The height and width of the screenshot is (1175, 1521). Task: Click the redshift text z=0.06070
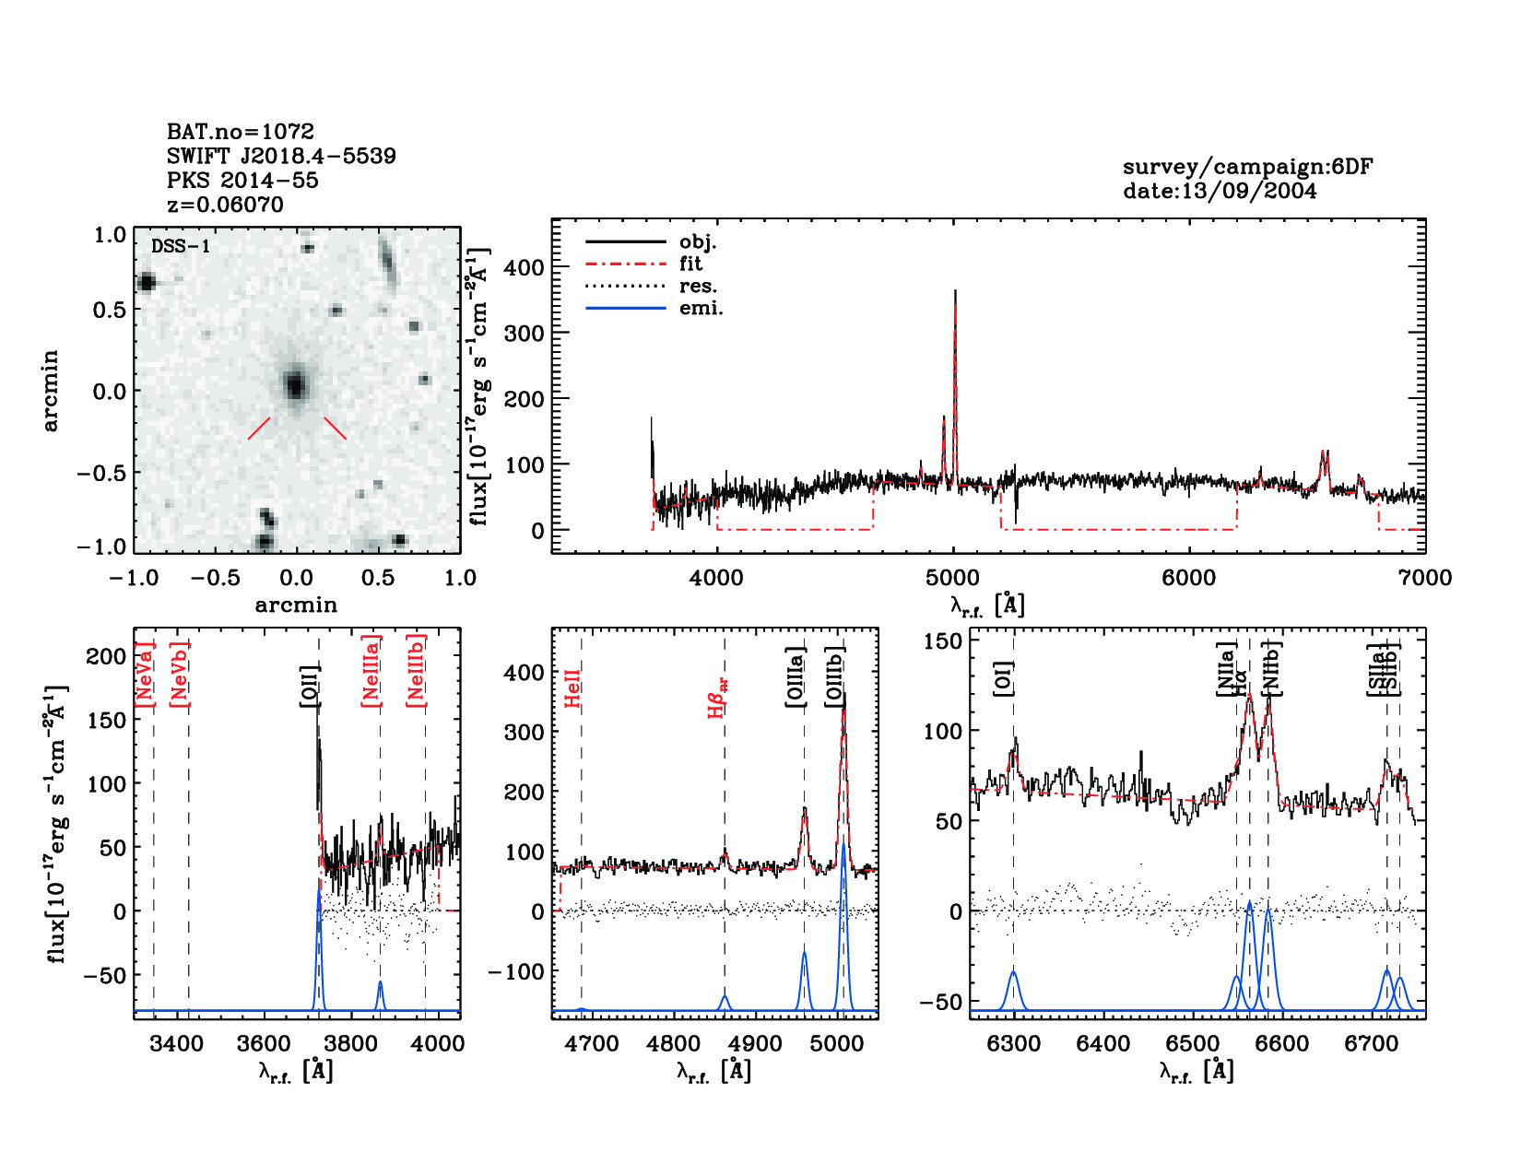(x=225, y=205)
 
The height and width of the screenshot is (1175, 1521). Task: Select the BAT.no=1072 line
(x=240, y=132)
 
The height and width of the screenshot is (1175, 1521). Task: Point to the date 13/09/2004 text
(x=1219, y=191)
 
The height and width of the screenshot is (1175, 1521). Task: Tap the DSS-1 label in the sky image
(x=181, y=247)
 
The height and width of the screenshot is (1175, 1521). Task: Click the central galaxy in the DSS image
(x=295, y=384)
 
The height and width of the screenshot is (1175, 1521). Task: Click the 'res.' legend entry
(x=698, y=287)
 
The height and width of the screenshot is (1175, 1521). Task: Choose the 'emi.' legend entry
(x=701, y=309)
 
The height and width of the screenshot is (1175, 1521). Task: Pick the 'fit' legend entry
(x=690, y=264)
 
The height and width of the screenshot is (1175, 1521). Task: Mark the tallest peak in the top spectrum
(x=955, y=293)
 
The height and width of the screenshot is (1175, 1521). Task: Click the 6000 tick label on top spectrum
(x=1188, y=578)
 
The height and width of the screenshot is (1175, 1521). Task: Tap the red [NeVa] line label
(x=145, y=675)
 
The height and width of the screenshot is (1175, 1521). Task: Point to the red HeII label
(x=572, y=688)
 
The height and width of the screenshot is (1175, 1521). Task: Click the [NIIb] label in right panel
(x=1272, y=667)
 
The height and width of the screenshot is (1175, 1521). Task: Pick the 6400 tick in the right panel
(x=1103, y=1044)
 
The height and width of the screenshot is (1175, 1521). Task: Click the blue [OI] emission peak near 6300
(x=1014, y=973)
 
